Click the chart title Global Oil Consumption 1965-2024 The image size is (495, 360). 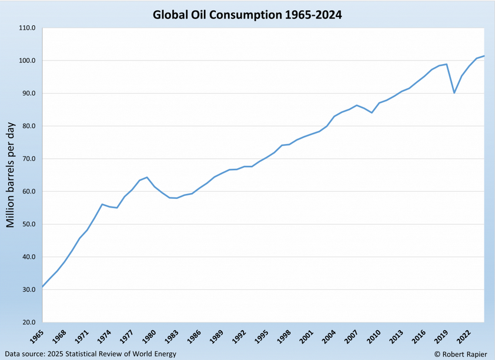pos(247,14)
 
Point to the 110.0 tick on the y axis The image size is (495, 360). pos(27,28)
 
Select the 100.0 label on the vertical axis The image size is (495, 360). pos(27,61)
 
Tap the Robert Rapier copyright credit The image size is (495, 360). pos(460,354)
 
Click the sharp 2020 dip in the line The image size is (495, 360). pos(454,92)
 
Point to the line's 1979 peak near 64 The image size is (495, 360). pos(147,177)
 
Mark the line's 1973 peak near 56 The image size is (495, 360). pos(102,204)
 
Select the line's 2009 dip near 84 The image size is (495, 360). pos(372,112)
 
